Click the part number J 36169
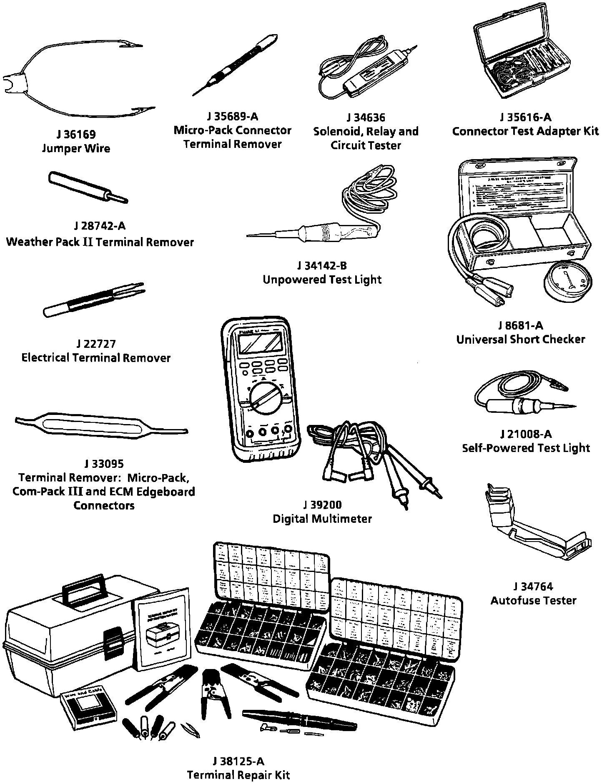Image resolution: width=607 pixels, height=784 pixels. click(x=76, y=135)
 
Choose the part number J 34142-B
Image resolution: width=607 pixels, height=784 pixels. click(x=322, y=266)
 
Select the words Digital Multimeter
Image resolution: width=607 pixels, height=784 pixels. click(x=322, y=519)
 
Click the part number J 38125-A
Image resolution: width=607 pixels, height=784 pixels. click(x=238, y=762)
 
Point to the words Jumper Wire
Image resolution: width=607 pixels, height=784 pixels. click(x=76, y=149)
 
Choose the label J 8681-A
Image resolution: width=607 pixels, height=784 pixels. click(x=521, y=326)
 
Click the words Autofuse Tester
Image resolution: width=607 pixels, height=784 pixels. click(x=533, y=601)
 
